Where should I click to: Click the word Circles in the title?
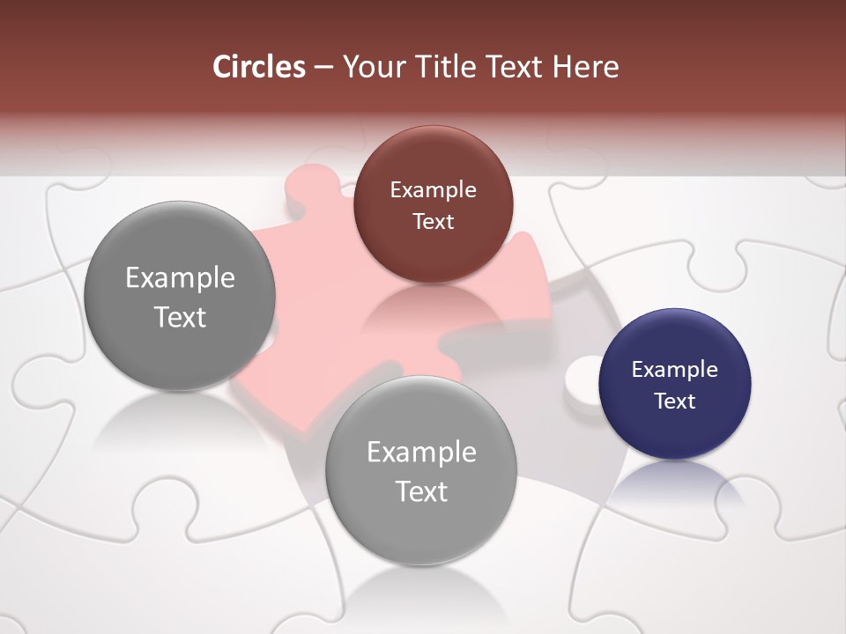pos(258,67)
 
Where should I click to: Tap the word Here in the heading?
pos(586,67)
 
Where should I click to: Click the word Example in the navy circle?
pos(674,370)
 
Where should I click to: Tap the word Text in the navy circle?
pos(674,402)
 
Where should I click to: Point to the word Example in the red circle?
pos(433,190)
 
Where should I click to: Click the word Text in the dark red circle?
pos(433,222)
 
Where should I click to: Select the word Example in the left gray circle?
pos(180,278)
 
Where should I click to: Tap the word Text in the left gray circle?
pos(180,317)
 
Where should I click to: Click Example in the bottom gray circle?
pos(421,453)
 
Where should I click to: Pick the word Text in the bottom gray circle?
pos(421,491)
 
